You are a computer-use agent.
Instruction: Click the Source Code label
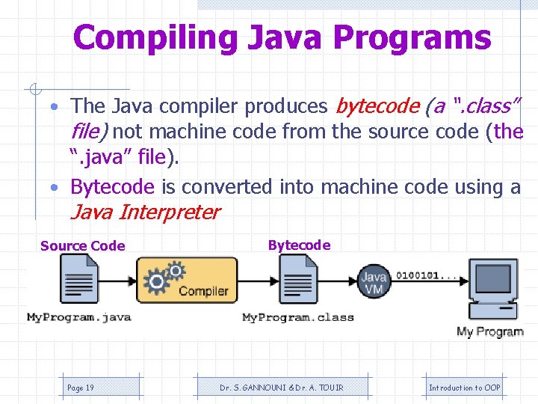(82, 246)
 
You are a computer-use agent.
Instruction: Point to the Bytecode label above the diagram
(298, 245)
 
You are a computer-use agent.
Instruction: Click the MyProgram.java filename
(79, 317)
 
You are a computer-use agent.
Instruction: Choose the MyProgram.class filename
(297, 317)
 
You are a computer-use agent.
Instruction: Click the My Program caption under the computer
(489, 331)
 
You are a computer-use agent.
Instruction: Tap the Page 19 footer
(81, 388)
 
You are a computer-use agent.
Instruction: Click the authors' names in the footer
(281, 388)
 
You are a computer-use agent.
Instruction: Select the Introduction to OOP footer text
(464, 388)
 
